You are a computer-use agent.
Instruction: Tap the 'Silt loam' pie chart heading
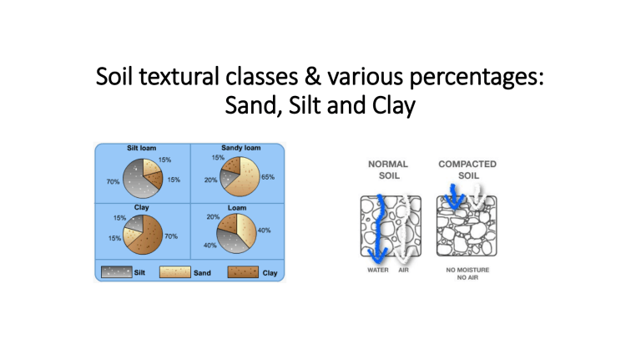coord(144,148)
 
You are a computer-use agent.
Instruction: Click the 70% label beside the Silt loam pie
coord(111,180)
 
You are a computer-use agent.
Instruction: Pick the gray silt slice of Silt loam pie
coord(134,177)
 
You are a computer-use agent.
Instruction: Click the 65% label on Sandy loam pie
coord(268,178)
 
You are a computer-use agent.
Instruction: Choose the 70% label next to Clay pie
coord(171,236)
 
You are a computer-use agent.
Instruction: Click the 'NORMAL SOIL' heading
coord(387,170)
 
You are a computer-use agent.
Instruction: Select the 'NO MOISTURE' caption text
coord(467,270)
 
